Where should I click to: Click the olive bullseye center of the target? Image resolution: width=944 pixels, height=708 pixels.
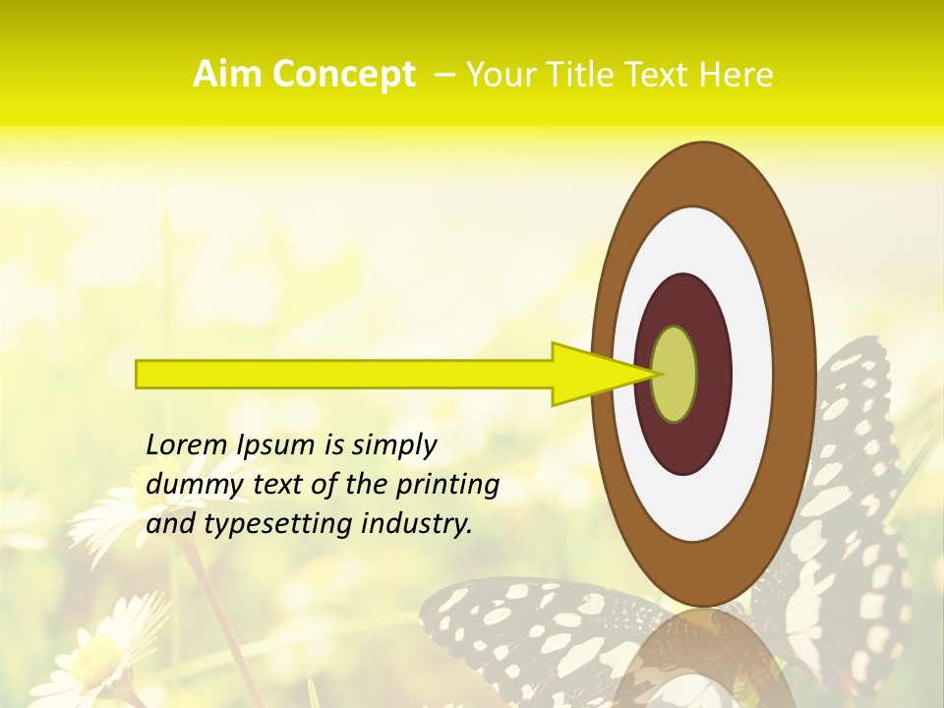[x=674, y=374]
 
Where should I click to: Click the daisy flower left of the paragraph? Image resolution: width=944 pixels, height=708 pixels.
[x=108, y=511]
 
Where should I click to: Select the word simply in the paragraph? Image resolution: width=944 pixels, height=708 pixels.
[x=394, y=445]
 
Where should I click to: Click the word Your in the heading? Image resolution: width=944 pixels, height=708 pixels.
[x=498, y=75]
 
